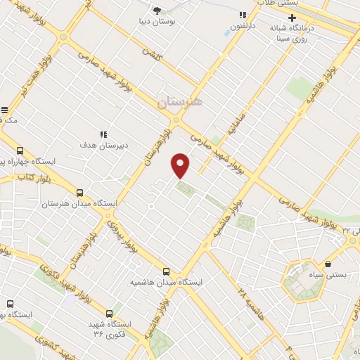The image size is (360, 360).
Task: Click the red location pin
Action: tap(181, 165)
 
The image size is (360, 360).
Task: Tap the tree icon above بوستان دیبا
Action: tap(157, 11)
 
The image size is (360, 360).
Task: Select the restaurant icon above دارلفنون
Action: tap(243, 15)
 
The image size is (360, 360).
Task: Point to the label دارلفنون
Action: tap(243, 27)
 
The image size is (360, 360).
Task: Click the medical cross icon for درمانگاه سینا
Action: tap(293, 17)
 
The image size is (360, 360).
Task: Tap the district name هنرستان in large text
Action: tap(179, 103)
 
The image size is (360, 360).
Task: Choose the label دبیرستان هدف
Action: tap(103, 146)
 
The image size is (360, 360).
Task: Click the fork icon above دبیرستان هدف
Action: tap(103, 134)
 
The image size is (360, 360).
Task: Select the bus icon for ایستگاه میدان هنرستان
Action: tap(79, 192)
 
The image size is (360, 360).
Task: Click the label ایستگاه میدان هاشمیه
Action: tap(166, 282)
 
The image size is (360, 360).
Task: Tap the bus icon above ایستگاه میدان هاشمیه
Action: tap(167, 271)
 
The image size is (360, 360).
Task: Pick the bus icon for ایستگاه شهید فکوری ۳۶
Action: tap(109, 314)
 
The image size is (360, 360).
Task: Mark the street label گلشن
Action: tap(152, 53)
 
